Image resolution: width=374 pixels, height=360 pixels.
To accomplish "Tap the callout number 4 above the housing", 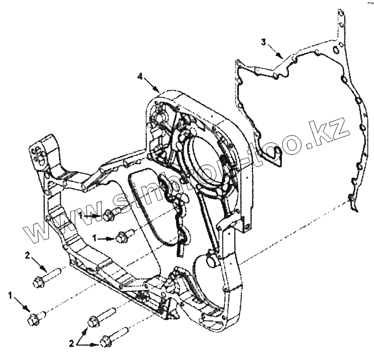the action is [x=140, y=77].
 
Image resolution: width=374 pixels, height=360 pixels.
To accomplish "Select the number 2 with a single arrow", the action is [x=26, y=255].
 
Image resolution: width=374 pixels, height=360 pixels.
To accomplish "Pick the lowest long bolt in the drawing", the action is [x=114, y=336].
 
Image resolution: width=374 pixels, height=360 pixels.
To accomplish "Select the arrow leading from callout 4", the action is [x=152, y=84].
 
